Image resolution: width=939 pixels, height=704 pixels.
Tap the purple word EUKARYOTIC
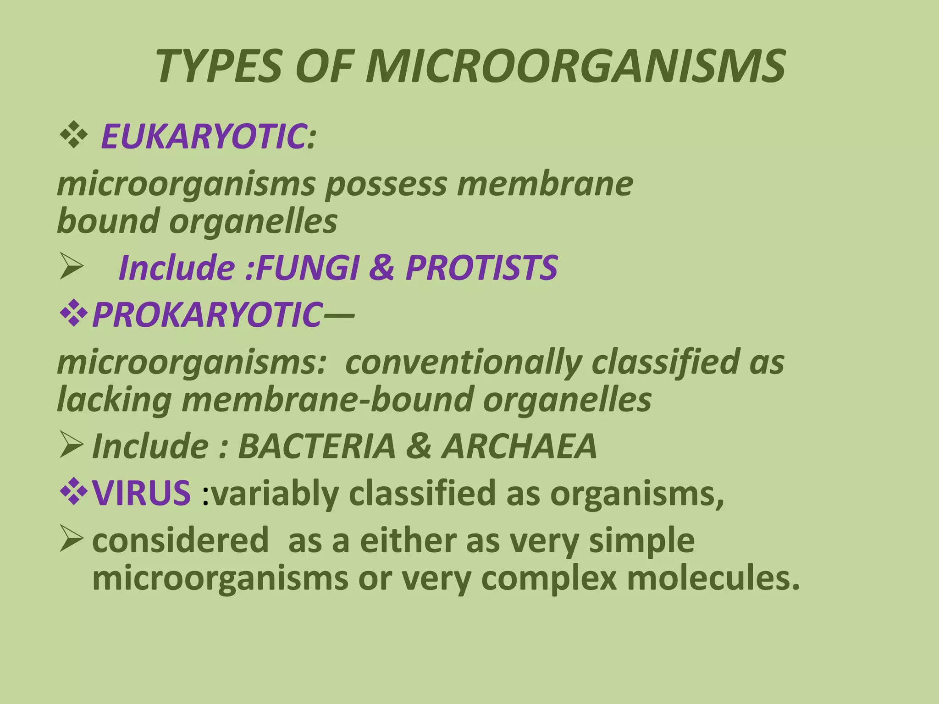tap(204, 136)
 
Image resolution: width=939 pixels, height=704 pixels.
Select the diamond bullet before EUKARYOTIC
tap(73, 136)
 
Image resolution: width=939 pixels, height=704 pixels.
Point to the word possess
tap(386, 184)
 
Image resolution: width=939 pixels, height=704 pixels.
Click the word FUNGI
tap(307, 268)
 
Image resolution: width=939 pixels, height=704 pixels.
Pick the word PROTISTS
tap(481, 268)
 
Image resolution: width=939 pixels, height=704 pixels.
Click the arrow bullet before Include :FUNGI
tap(72, 268)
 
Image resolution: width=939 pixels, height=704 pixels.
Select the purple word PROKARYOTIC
tap(206, 315)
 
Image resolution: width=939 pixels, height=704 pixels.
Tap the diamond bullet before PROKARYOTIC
tap(73, 315)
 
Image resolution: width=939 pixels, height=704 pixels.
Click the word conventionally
tap(463, 362)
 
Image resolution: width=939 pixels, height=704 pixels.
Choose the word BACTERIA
tap(317, 446)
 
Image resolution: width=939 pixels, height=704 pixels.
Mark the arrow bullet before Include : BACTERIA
tap(72, 445)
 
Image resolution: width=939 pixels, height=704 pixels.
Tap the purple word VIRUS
tap(141, 493)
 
